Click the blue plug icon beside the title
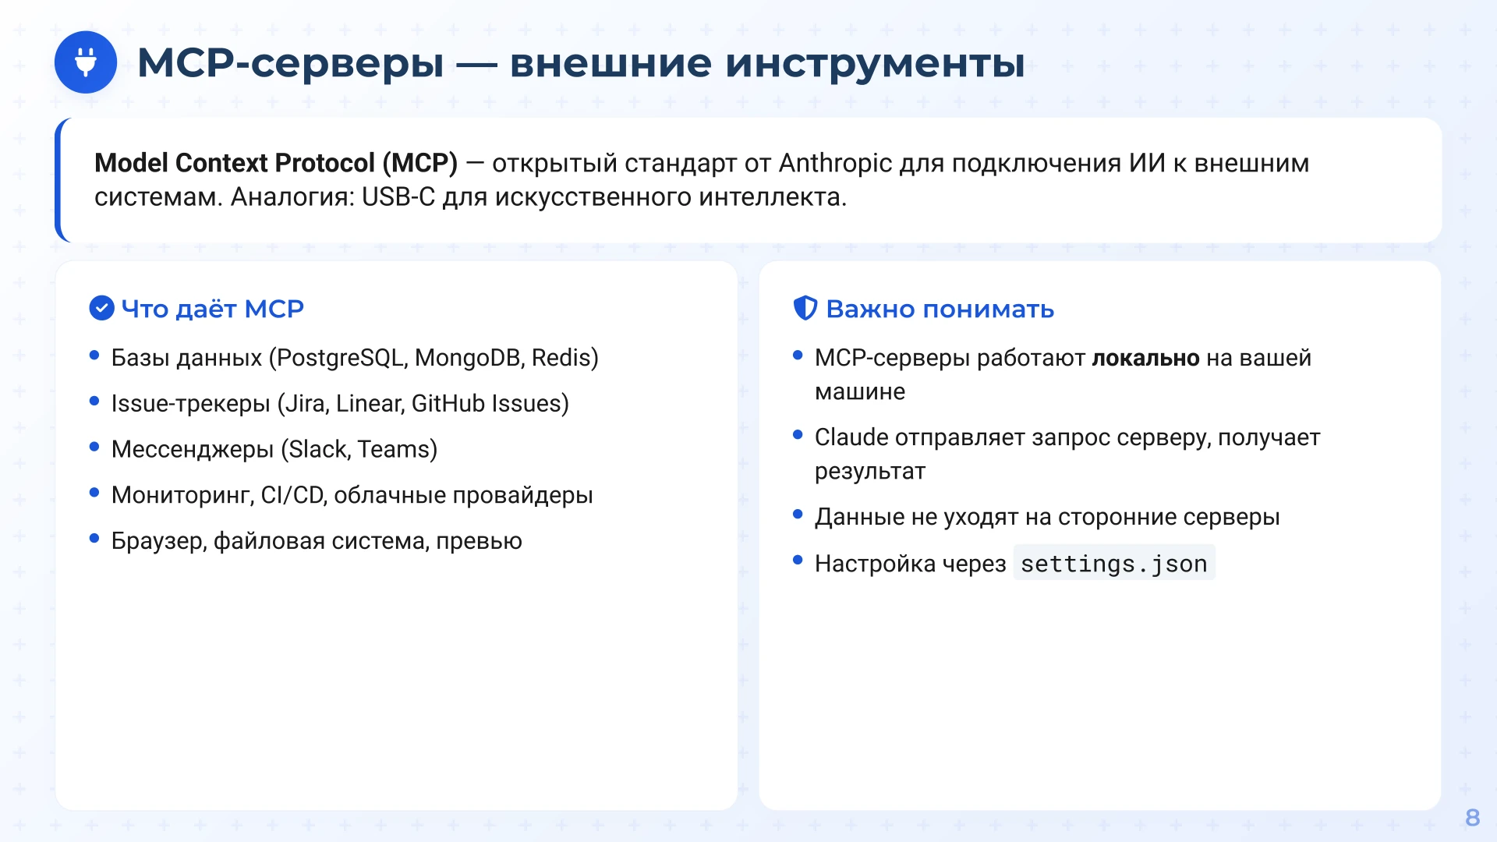pos(86,62)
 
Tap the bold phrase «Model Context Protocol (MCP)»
pos(275,163)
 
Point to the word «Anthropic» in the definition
pos(835,163)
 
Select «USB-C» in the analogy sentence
pos(398,197)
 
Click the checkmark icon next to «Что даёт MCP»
pos(101,309)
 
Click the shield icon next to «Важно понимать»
pos(805,309)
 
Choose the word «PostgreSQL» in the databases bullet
pos(342,358)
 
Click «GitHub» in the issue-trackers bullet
pos(448,404)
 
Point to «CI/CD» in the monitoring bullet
pos(292,496)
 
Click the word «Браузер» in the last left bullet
pos(158,541)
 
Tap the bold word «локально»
pos(1145,359)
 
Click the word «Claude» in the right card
pos(851,438)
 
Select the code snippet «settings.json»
pos(1113,564)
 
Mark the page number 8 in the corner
pos(1472,817)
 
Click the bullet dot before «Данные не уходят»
pos(798,515)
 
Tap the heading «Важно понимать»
pos(940,310)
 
